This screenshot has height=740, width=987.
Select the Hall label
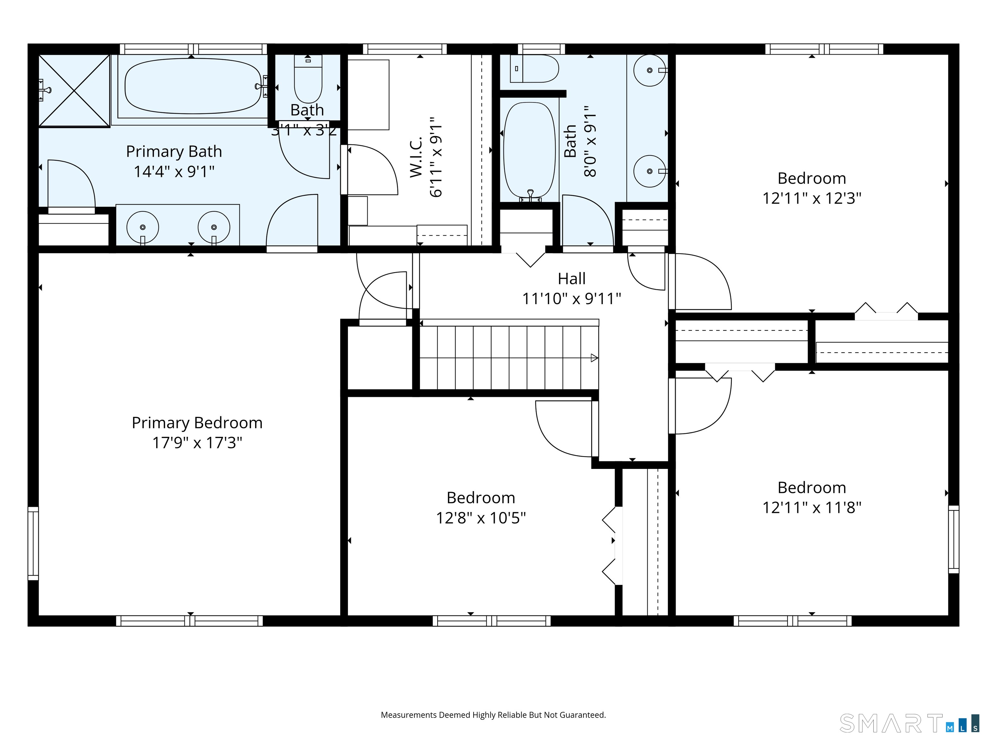tap(572, 279)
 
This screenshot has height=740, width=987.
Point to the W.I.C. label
tap(416, 157)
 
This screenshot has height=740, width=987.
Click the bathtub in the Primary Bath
tap(193, 86)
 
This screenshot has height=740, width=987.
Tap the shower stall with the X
tap(74, 91)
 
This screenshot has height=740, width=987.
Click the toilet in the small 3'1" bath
tap(308, 79)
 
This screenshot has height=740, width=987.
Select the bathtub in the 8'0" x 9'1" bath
tap(529, 151)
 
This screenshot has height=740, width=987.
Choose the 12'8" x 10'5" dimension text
tap(481, 518)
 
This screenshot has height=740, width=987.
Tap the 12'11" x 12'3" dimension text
tap(812, 198)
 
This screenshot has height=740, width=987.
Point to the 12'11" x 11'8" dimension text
tap(812, 507)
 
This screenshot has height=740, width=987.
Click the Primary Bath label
tap(174, 152)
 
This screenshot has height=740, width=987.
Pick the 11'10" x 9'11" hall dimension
tap(572, 298)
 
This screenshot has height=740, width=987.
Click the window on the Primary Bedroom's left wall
tap(33, 543)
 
